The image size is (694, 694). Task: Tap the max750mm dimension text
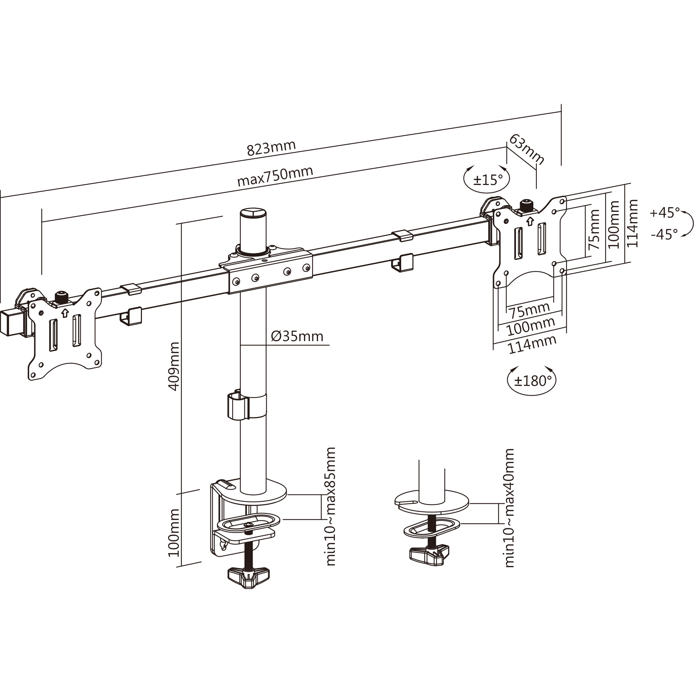pyautogui.click(x=275, y=176)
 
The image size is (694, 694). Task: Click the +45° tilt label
pyautogui.click(x=665, y=212)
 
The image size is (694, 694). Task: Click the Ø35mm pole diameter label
pyautogui.click(x=297, y=336)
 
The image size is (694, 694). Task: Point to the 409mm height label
pyautogui.click(x=174, y=366)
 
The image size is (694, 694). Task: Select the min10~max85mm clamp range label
pyautogui.click(x=330, y=507)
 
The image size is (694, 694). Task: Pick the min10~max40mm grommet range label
pyautogui.click(x=509, y=508)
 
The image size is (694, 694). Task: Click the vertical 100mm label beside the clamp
pyautogui.click(x=174, y=533)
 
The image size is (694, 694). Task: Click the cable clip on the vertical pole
pyautogui.click(x=238, y=406)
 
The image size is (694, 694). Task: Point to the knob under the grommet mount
pyautogui.click(x=429, y=556)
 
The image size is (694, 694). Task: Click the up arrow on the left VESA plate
pyautogui.click(x=65, y=313)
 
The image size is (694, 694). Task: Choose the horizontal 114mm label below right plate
pyautogui.click(x=532, y=344)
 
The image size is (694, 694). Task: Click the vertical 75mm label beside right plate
pyautogui.click(x=594, y=229)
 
